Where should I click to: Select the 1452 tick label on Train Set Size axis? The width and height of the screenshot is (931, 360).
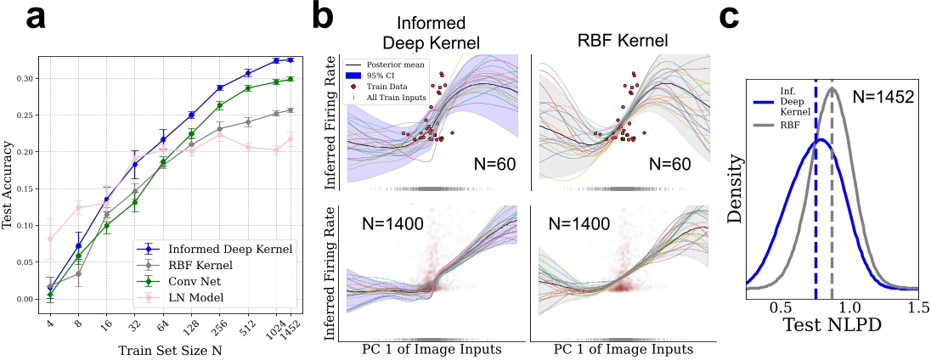point(291,323)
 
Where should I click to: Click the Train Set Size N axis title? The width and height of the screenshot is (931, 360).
point(168,347)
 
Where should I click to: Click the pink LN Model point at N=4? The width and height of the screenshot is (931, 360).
point(50,239)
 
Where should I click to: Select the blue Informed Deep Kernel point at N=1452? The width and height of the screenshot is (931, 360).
point(291,60)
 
